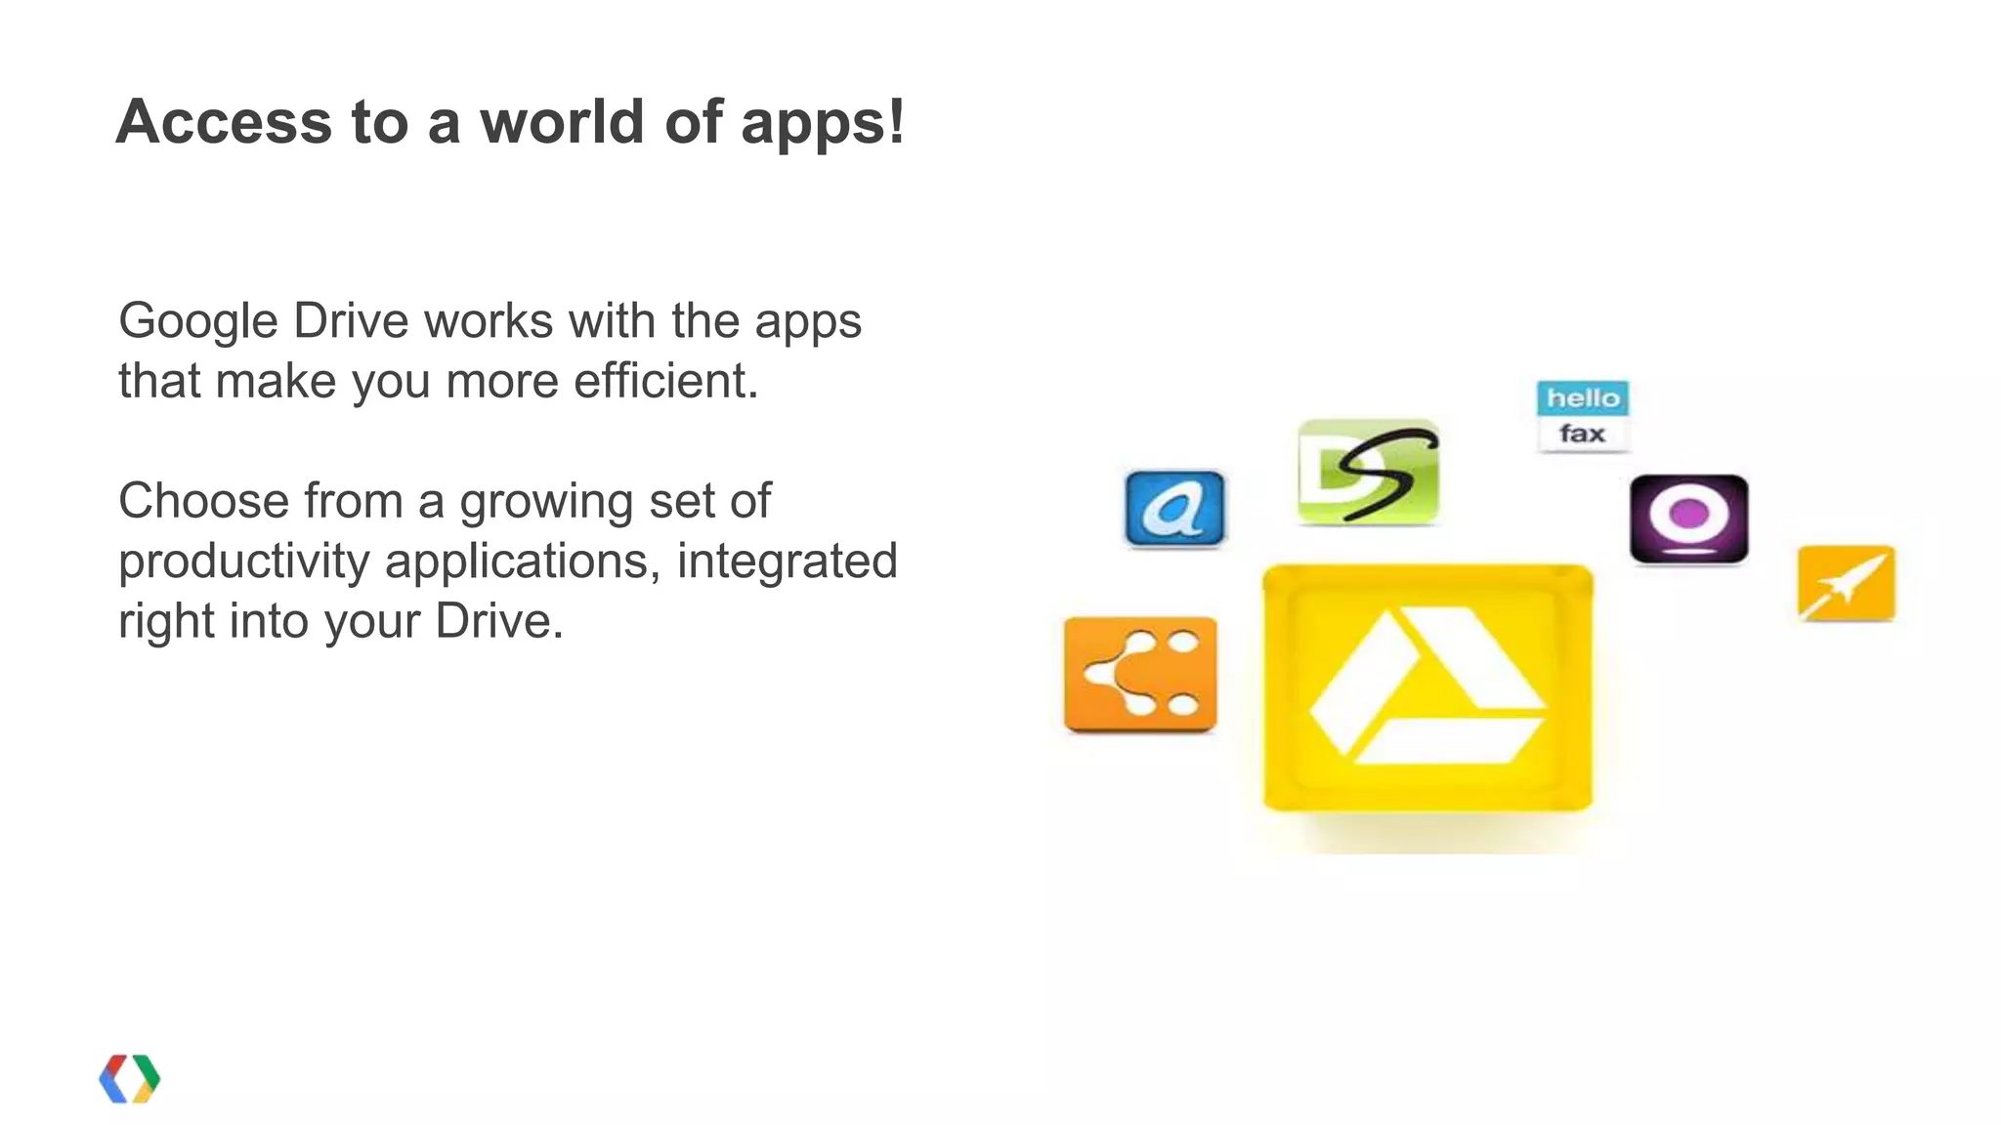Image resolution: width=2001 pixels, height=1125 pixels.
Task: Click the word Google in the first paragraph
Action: [x=198, y=322]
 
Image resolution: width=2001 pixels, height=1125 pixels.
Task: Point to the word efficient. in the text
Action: [x=665, y=381]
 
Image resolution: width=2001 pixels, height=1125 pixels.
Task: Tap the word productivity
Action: [x=244, y=562]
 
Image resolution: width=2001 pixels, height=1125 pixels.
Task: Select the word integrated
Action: [x=787, y=562]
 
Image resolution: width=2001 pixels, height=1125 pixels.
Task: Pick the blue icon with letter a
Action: [x=1174, y=509]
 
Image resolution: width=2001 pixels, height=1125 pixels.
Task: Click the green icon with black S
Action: [x=1368, y=473]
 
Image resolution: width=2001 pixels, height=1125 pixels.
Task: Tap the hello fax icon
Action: [x=1583, y=417]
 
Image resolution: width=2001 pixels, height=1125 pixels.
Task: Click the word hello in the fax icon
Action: [x=1583, y=398]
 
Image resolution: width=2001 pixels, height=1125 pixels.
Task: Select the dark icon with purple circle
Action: [x=1688, y=519]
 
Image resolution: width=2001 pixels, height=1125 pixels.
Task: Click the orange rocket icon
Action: [x=1846, y=583]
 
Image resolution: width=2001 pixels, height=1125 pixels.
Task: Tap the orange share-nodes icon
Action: [x=1140, y=674]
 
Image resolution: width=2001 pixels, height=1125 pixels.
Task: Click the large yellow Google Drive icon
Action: [x=1427, y=687]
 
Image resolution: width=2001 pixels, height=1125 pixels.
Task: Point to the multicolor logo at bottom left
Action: [x=130, y=1079]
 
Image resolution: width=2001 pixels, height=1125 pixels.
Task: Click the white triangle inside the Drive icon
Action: [x=1426, y=687]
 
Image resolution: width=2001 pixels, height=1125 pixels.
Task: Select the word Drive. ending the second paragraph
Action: [x=499, y=622]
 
